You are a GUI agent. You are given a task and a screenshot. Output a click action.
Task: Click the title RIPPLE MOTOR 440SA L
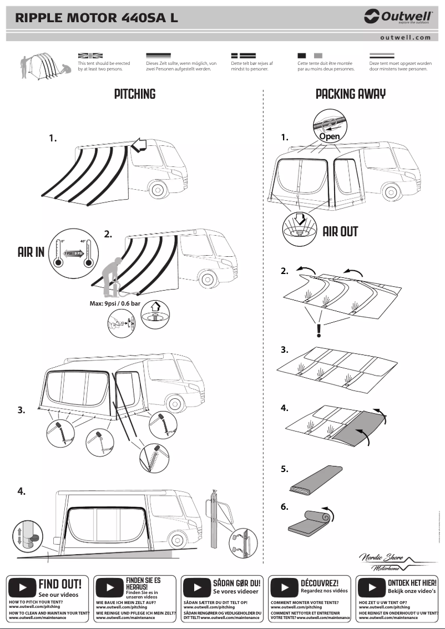coord(97,18)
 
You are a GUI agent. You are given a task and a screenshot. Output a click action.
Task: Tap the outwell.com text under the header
coord(406,37)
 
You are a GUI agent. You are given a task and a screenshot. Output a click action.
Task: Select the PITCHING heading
coord(135,94)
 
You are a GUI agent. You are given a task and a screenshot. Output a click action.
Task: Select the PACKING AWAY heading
coord(351,94)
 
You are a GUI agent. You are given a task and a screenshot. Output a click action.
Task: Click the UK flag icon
coord(90,56)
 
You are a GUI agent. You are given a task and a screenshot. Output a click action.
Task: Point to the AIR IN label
coord(31,253)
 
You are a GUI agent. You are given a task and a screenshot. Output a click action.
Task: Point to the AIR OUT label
coord(340,231)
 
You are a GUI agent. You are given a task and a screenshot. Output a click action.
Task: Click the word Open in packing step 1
coord(329,136)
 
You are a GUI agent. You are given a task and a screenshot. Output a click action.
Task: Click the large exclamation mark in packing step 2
coord(318,330)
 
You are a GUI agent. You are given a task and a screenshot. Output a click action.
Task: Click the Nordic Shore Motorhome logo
coord(389,562)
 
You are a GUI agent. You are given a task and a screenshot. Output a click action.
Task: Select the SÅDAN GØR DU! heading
coord(236,584)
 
